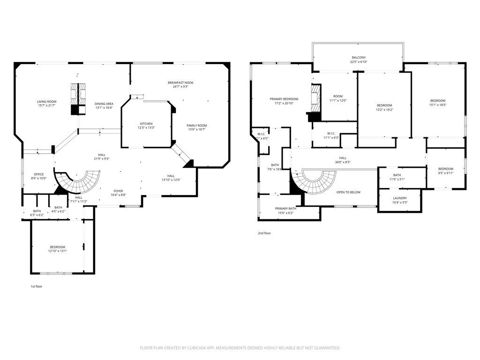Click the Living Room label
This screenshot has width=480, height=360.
pyautogui.click(x=47, y=102)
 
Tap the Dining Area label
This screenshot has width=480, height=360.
pyautogui.click(x=104, y=104)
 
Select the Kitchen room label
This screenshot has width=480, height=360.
pyautogui.click(x=145, y=124)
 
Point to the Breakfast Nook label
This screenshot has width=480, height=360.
pyautogui.click(x=180, y=83)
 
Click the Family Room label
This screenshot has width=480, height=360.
pyautogui.click(x=196, y=126)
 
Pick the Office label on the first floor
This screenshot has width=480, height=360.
pyautogui.click(x=38, y=174)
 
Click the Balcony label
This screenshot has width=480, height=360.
pyautogui.click(x=359, y=57)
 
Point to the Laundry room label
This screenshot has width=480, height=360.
pyautogui.click(x=400, y=198)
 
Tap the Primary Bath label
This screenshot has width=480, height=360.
pyautogui.click(x=285, y=209)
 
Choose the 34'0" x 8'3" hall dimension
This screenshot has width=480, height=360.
pyautogui.click(x=342, y=162)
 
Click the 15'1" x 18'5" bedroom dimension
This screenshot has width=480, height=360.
pyautogui.click(x=437, y=105)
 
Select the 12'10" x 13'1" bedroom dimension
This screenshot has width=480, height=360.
pyautogui.click(x=58, y=251)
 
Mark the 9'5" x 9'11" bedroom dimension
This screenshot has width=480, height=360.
pyautogui.click(x=446, y=173)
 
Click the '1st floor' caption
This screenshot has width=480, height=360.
pyautogui.click(x=36, y=286)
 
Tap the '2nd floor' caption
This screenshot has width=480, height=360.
pyautogui.click(x=264, y=233)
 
